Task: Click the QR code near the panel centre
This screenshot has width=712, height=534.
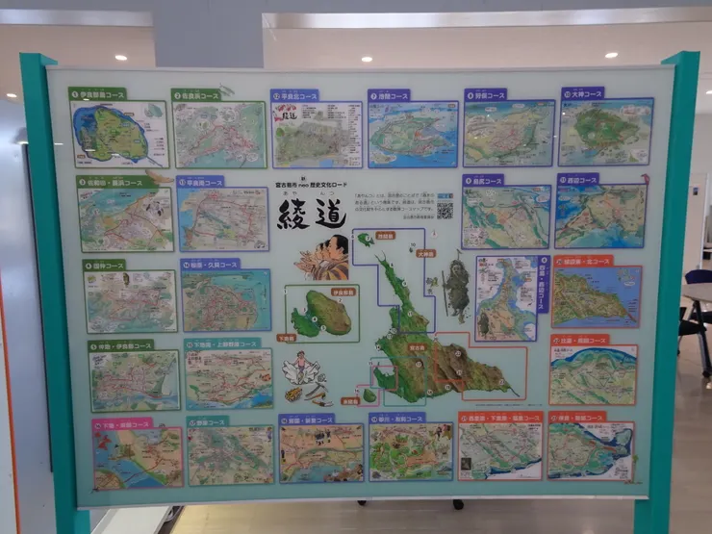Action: coord(445,210)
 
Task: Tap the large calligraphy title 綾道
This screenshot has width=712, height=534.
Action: coord(312,216)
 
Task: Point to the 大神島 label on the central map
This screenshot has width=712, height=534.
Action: coord(425,253)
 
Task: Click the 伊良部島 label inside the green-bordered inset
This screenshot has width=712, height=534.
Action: coord(343,291)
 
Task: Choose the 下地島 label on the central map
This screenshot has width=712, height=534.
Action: coord(286,338)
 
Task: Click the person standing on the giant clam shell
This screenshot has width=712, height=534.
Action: coord(300,369)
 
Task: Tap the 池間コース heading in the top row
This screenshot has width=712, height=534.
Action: coord(389,95)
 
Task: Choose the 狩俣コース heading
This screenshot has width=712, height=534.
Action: coord(485,94)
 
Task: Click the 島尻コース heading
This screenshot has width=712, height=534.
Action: coord(483,180)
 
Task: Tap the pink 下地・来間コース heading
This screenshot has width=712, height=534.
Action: coord(122,423)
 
